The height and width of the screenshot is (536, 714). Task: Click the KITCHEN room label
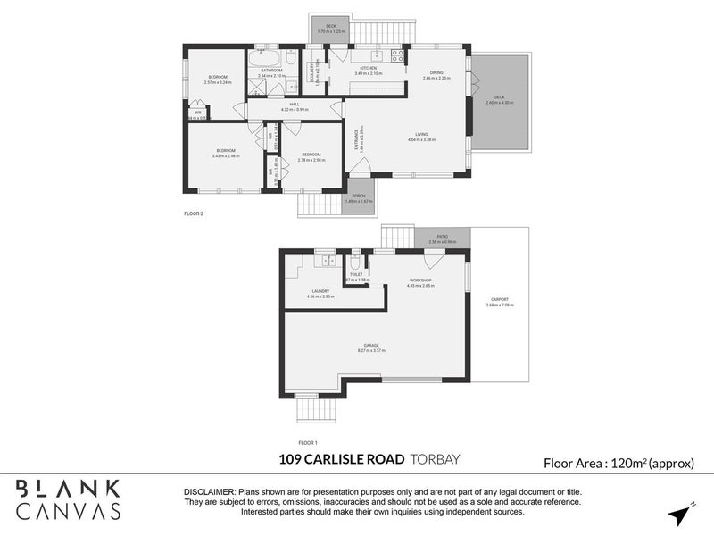[x=368, y=68]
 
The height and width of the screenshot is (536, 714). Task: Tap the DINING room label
[x=436, y=73]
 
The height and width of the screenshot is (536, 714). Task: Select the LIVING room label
[x=421, y=135]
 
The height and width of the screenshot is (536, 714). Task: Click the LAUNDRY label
[x=321, y=290]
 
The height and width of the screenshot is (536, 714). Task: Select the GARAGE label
[x=371, y=345]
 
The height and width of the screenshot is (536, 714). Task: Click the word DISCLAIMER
[x=209, y=492]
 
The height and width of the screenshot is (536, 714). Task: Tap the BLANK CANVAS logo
[x=69, y=498]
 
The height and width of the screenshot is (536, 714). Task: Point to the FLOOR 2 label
[x=194, y=214]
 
